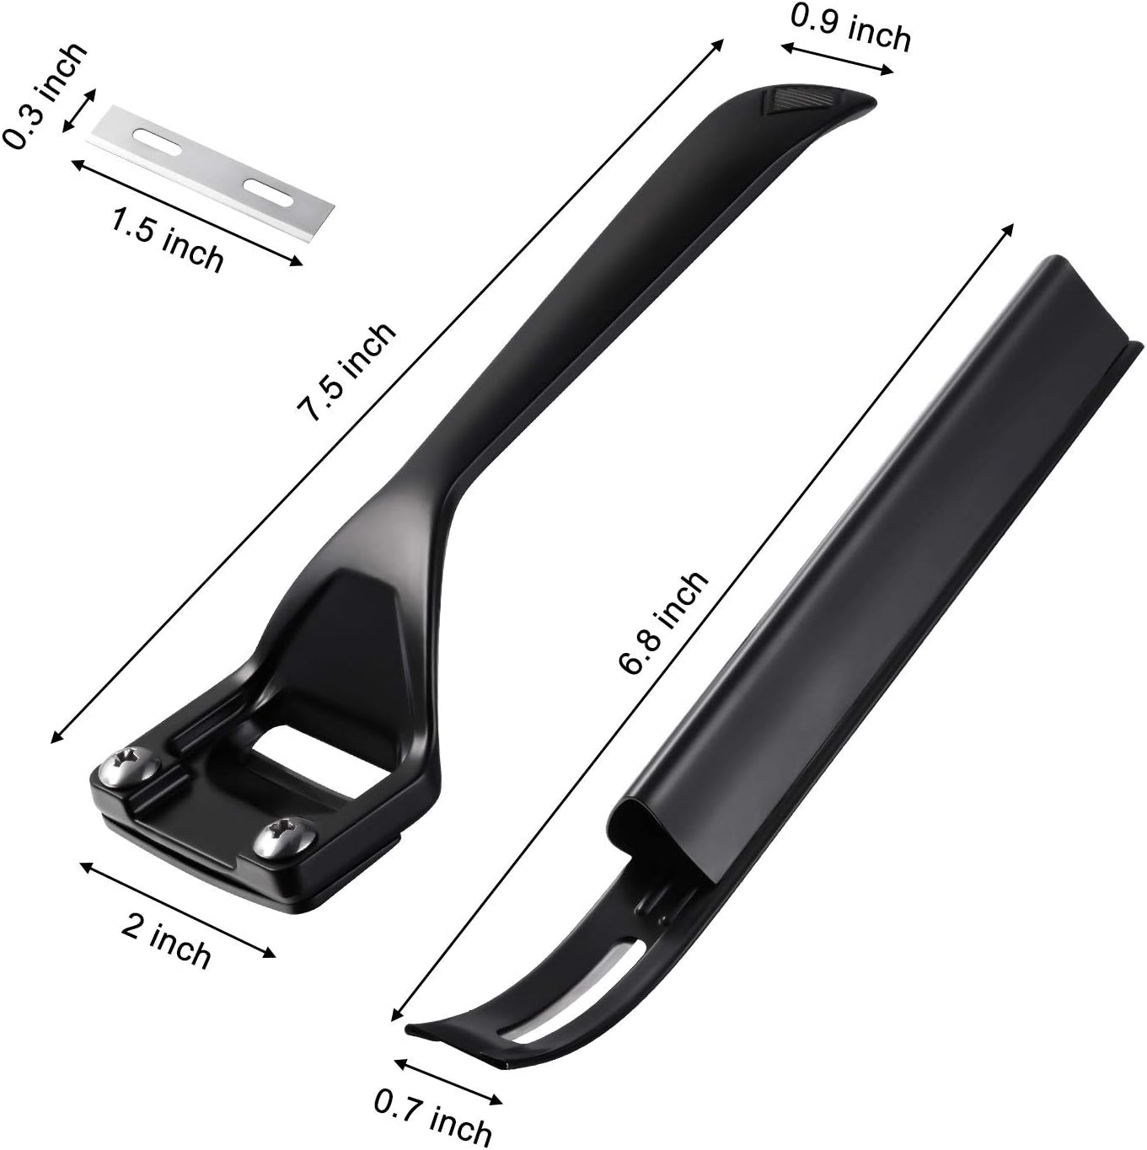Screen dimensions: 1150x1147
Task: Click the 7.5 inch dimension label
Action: coord(346,372)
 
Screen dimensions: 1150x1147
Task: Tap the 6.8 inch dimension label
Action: coord(663,622)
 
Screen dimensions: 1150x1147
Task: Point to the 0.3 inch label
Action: coord(44,95)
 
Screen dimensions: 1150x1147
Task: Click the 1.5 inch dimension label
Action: coord(168,239)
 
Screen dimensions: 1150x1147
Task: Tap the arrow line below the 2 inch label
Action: coord(177,909)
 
